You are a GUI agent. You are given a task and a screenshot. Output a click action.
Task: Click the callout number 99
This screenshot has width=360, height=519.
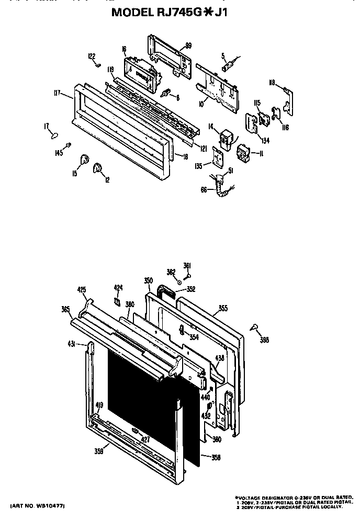pos(188,46)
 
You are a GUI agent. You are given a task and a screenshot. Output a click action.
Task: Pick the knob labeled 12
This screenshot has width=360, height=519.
pos(97,168)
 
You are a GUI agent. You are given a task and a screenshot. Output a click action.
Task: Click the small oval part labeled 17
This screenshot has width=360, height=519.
pos(53,136)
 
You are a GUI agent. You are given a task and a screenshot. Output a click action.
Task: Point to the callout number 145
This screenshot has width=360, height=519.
pos(59,153)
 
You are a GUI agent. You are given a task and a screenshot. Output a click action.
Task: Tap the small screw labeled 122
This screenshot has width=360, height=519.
pos(98,65)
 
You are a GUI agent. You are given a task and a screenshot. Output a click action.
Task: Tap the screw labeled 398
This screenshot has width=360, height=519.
pos(254,327)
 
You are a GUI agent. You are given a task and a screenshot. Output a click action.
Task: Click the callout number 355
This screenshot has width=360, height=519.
pos(223,309)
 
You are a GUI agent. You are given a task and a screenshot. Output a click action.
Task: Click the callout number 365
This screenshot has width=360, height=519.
pos(65,309)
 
